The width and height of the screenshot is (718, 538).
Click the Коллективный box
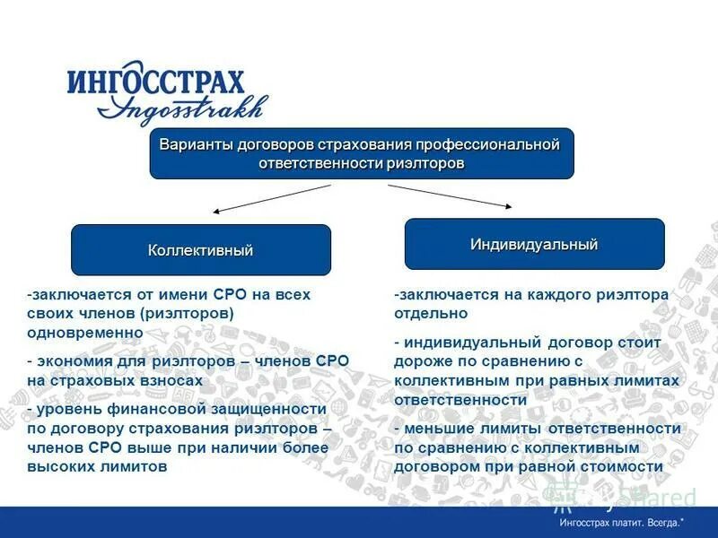click(201, 250)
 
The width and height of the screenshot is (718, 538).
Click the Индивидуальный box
click(534, 244)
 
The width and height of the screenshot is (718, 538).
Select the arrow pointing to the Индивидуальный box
click(449, 195)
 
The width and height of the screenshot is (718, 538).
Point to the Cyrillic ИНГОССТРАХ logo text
click(155, 83)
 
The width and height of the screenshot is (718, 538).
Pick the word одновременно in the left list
click(85, 332)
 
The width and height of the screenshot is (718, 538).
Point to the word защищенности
click(269, 409)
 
